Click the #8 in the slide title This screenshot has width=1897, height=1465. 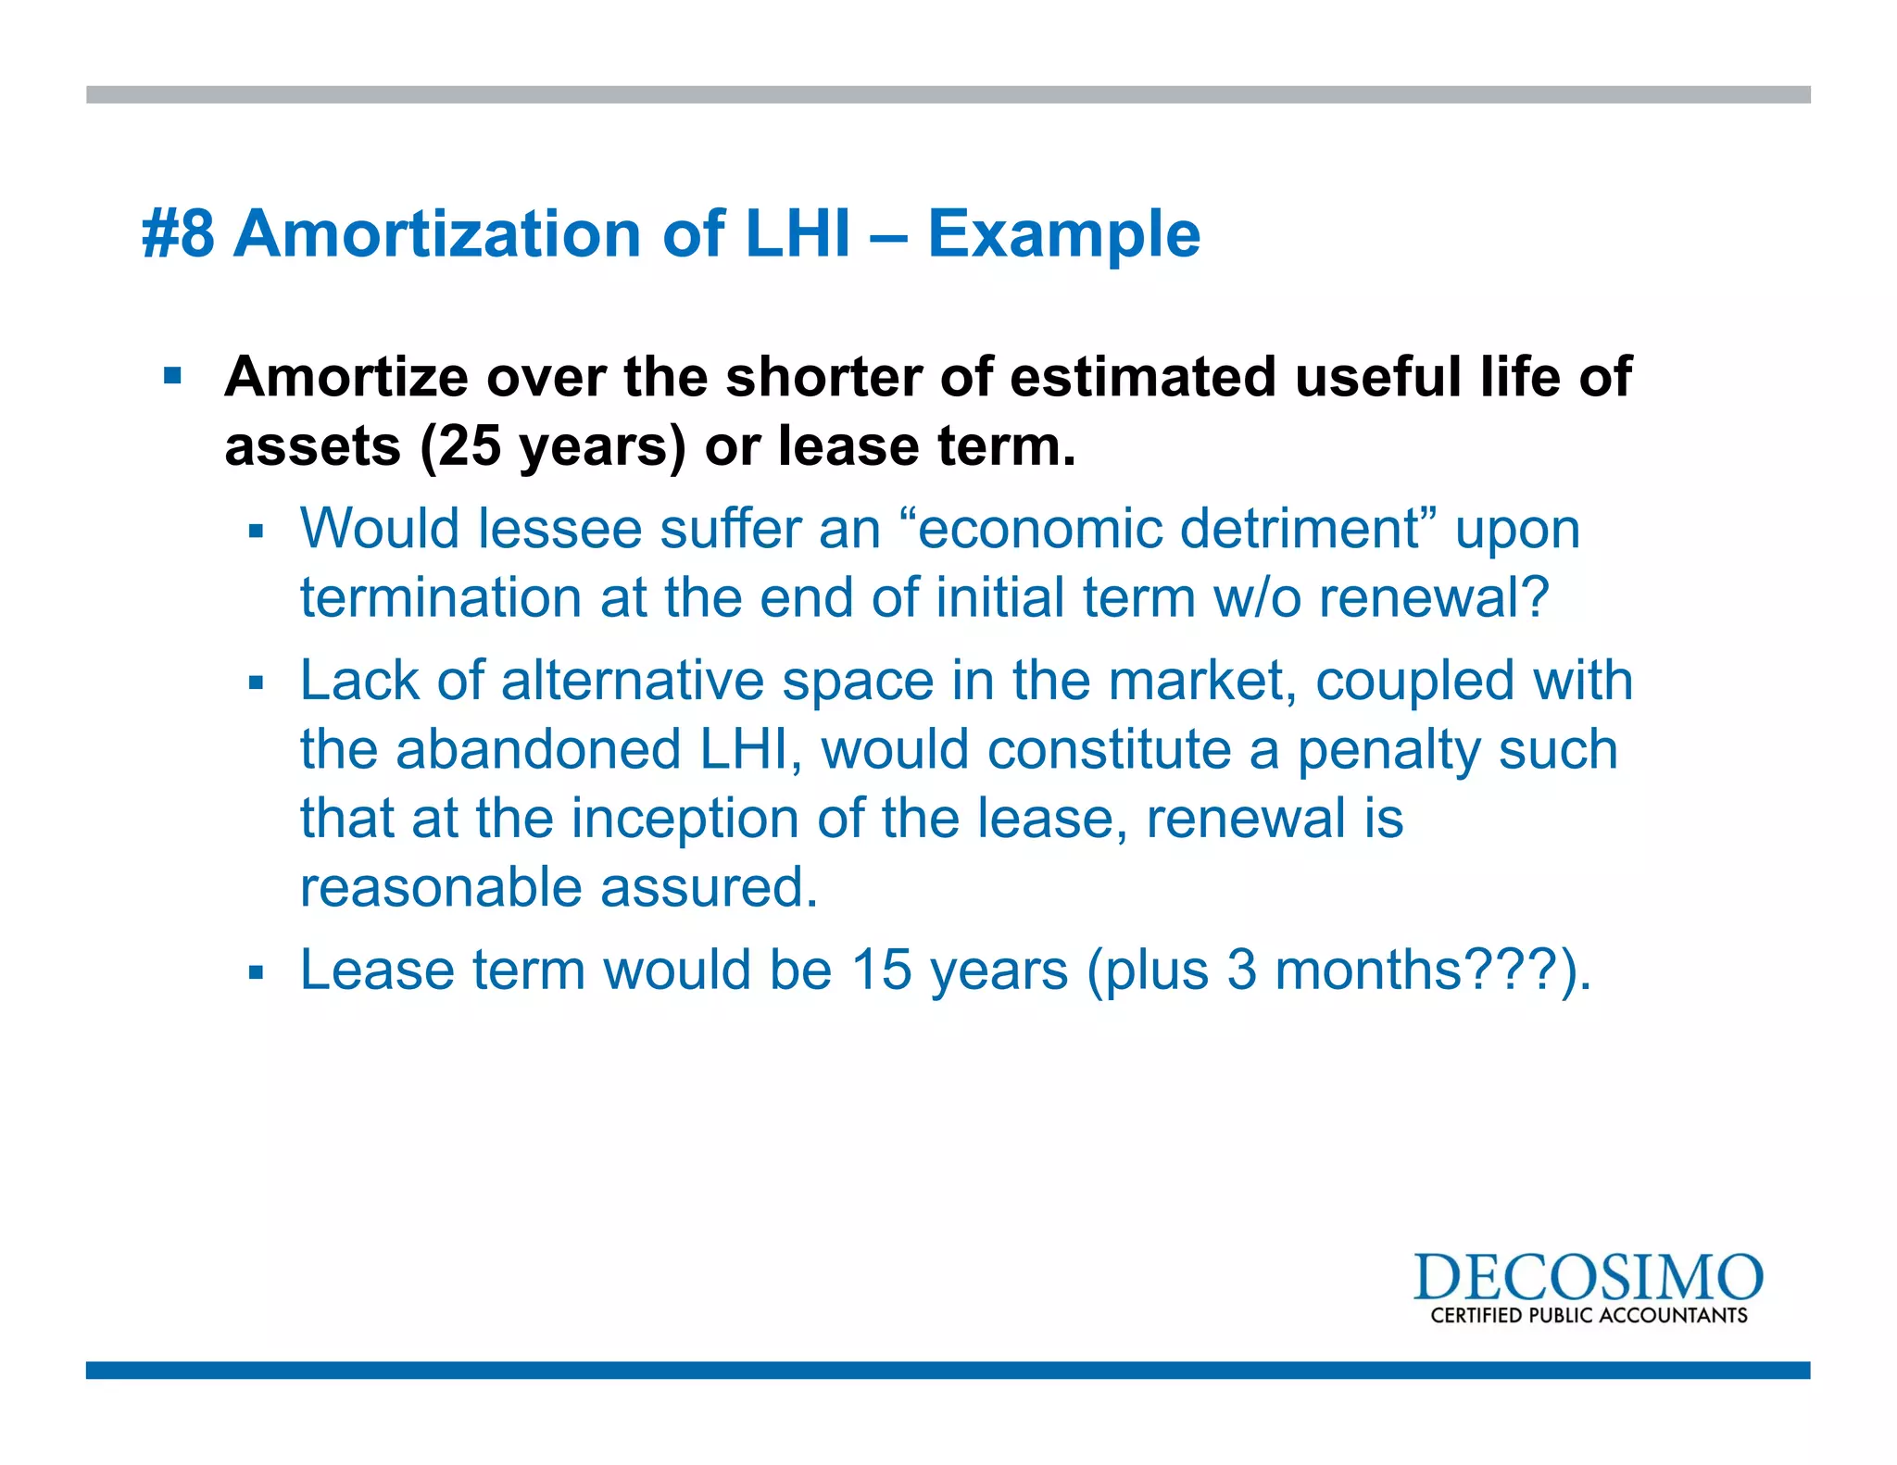(x=179, y=233)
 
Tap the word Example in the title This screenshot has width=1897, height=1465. (x=1063, y=233)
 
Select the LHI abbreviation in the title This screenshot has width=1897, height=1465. (x=798, y=233)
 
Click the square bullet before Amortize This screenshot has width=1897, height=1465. (x=172, y=376)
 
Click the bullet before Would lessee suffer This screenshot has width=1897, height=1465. (x=257, y=532)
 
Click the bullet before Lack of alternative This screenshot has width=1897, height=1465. (x=257, y=683)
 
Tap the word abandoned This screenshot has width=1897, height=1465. (x=538, y=749)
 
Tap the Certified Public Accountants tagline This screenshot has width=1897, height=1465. (x=1588, y=1316)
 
